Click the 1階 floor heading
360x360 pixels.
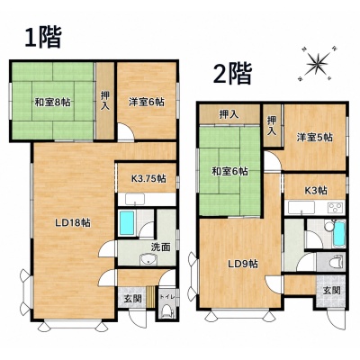(x=43, y=37)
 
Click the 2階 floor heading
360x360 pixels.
(x=232, y=74)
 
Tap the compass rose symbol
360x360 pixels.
(x=317, y=64)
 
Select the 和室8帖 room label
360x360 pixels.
(x=53, y=103)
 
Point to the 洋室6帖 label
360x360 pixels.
(x=147, y=102)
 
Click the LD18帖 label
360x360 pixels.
(x=73, y=223)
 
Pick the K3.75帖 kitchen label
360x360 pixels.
(x=148, y=179)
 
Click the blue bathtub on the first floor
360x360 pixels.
(x=127, y=222)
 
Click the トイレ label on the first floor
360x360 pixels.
(x=166, y=297)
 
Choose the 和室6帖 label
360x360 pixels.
(x=230, y=172)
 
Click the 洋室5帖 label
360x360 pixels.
(x=315, y=138)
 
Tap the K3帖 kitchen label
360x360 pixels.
(x=316, y=190)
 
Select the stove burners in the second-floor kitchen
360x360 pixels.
(x=336, y=208)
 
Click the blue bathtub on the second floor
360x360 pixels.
(x=339, y=233)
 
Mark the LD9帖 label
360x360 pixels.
(x=243, y=265)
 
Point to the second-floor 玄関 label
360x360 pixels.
(x=332, y=291)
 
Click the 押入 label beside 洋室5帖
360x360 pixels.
(x=272, y=125)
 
